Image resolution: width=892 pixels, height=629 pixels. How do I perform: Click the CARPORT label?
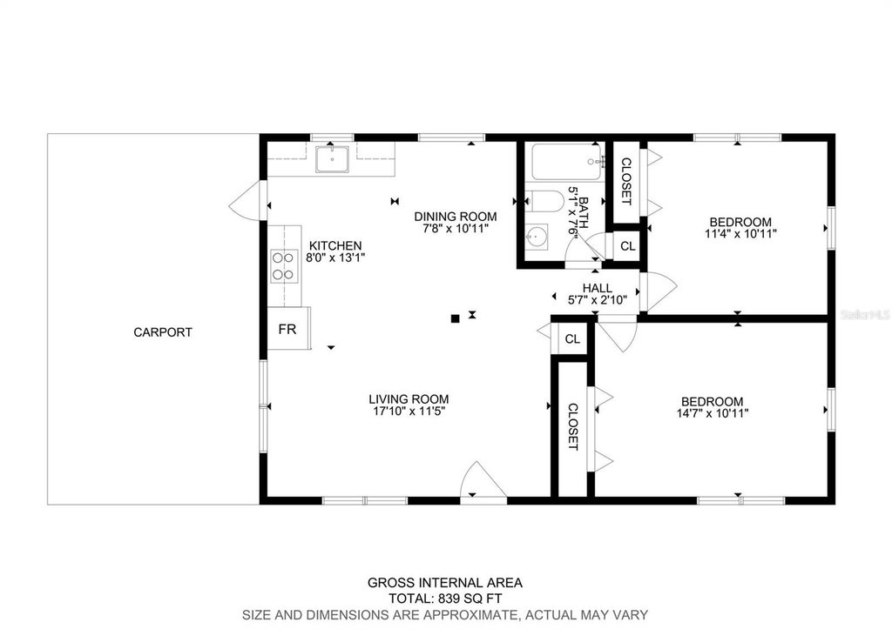(x=163, y=332)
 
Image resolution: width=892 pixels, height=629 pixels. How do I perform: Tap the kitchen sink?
(x=332, y=159)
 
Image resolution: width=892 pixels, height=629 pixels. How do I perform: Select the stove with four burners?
(x=284, y=266)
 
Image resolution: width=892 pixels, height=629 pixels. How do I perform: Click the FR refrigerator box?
(x=288, y=329)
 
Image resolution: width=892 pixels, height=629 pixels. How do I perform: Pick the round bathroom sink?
(x=537, y=237)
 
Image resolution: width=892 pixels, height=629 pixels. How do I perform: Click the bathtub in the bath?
(x=567, y=162)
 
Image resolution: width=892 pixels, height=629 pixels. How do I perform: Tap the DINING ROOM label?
(x=455, y=217)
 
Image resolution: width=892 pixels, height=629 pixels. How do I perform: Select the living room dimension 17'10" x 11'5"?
(x=409, y=412)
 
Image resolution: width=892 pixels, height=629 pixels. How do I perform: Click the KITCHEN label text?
(x=335, y=245)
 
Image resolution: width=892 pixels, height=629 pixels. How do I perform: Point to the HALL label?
(x=598, y=288)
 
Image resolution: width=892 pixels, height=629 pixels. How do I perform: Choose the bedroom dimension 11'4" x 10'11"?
(x=740, y=233)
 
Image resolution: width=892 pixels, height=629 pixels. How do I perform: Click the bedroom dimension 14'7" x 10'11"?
(x=713, y=413)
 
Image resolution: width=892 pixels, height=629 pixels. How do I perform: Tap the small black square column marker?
(x=455, y=318)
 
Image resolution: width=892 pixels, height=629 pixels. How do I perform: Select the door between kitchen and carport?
(x=248, y=201)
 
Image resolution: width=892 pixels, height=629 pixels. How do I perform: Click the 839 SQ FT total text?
(x=470, y=599)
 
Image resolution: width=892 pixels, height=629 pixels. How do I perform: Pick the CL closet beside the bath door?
(x=627, y=246)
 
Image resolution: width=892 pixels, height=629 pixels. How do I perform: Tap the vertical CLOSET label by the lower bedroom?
(x=573, y=426)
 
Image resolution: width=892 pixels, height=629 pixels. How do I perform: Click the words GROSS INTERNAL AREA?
(x=445, y=582)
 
